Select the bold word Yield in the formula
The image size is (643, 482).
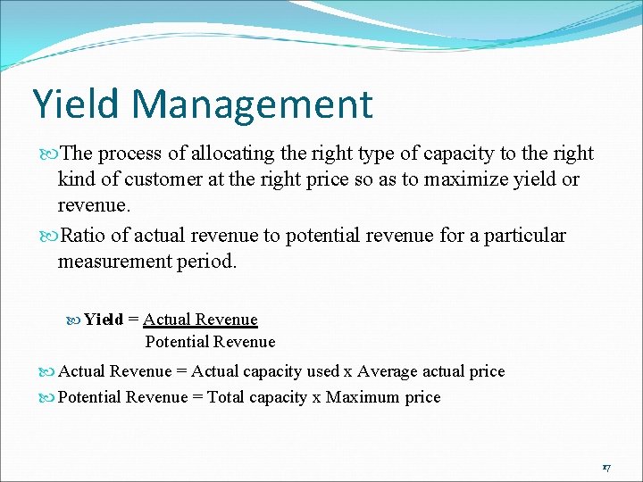[x=104, y=320]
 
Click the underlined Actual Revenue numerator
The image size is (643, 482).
[x=200, y=320]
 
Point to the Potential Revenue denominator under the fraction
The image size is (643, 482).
[x=210, y=342]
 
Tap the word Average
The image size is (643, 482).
[x=388, y=371]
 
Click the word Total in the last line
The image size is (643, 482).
[x=226, y=397]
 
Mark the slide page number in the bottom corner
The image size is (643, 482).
[x=605, y=468]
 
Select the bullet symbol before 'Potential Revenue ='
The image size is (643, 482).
[x=50, y=398]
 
